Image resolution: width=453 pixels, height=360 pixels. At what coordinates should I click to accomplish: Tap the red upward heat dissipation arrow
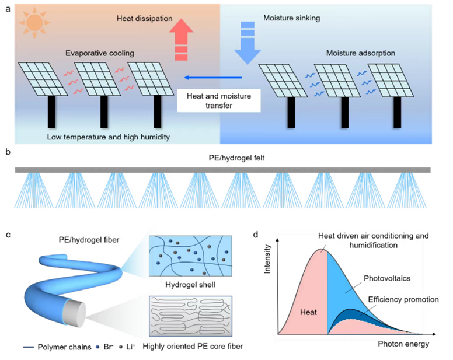pyautogui.click(x=182, y=41)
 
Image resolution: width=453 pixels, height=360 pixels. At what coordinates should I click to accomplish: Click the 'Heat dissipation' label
pyautogui.click(x=145, y=19)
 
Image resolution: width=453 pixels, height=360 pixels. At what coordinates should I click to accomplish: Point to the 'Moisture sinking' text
pyautogui.click(x=291, y=18)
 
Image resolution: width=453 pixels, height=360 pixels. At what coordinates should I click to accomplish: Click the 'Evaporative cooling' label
pyautogui.click(x=99, y=53)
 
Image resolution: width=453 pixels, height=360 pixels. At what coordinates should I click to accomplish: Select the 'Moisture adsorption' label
pyautogui.click(x=360, y=53)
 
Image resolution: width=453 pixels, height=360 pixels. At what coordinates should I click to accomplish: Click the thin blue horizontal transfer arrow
pyautogui.click(x=212, y=77)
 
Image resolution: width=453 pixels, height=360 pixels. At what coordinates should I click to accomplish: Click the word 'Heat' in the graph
pyautogui.click(x=308, y=312)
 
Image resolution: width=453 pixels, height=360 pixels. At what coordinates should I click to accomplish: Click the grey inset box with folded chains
pyautogui.click(x=190, y=316)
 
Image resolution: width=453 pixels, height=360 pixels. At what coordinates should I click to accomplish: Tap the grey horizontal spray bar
pyautogui.click(x=222, y=170)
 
